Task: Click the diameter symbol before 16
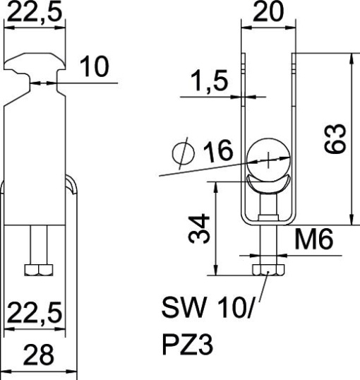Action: [x=186, y=153]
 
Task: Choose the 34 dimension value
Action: [x=200, y=227]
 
